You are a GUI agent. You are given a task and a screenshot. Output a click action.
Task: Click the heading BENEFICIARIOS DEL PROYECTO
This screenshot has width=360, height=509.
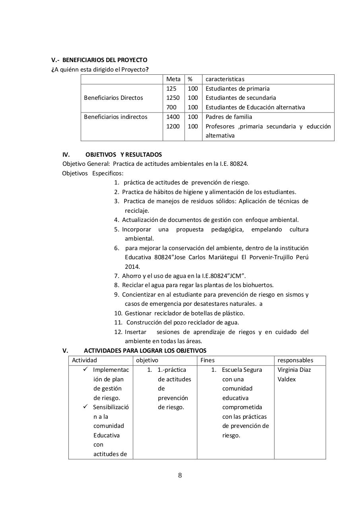coord(105,60)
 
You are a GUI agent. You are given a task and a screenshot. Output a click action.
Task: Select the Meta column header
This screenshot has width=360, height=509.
coord(173,79)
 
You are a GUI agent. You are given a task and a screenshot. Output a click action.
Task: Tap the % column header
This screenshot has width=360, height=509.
coord(190,79)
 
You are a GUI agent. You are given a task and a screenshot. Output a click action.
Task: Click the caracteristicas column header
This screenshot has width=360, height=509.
coord(225,79)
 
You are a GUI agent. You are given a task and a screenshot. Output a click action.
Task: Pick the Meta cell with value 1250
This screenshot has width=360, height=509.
coord(173,98)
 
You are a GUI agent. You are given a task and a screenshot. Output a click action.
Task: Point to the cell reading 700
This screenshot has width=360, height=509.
coord(171,107)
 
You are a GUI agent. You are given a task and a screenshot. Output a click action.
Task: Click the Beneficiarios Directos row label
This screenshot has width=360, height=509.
coord(113,98)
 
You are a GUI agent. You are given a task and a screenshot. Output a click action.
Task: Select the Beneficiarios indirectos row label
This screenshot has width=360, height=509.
coord(115,117)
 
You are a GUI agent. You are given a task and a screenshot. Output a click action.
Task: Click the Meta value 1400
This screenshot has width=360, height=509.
coord(173,117)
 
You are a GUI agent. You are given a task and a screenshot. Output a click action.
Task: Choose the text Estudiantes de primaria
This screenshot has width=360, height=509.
coord(237,89)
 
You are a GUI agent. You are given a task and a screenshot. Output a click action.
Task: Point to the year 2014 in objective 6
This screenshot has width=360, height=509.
coord(132,267)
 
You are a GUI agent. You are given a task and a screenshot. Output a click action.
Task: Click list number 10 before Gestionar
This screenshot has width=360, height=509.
coord(118,313)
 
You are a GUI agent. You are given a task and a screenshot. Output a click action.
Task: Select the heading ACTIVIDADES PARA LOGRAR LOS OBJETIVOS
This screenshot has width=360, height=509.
coord(145,351)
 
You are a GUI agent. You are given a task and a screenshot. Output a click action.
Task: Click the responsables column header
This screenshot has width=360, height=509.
coord(295,360)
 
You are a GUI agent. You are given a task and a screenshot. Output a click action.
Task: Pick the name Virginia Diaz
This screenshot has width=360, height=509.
coord(294,370)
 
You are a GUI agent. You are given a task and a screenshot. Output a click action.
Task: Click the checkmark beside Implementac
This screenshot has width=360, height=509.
coord(86,369)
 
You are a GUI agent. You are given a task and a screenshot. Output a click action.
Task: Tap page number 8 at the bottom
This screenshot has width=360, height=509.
coord(180,476)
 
